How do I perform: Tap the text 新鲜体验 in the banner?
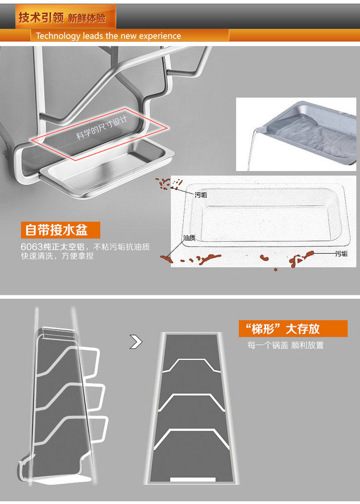[86, 18]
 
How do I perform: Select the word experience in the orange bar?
[160, 36]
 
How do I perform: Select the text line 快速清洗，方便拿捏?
[57, 256]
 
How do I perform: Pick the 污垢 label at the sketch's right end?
[341, 253]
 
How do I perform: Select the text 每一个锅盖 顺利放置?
[286, 345]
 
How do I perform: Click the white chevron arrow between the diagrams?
[136, 342]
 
